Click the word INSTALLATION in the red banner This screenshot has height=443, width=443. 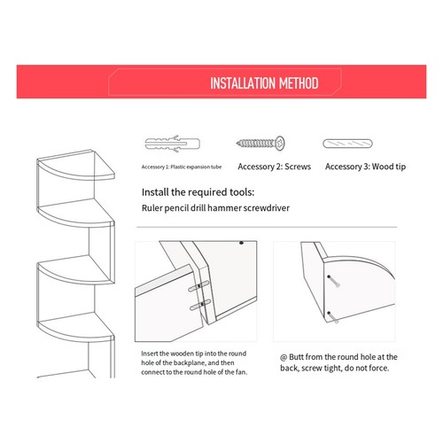coord(244,84)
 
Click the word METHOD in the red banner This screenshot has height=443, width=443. coord(299,84)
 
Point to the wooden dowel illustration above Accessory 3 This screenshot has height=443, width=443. coord(353,144)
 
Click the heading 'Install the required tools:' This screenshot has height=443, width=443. coord(198,191)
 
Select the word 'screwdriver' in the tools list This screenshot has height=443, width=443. coord(287,209)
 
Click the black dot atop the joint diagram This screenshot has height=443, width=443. coord(242,242)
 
